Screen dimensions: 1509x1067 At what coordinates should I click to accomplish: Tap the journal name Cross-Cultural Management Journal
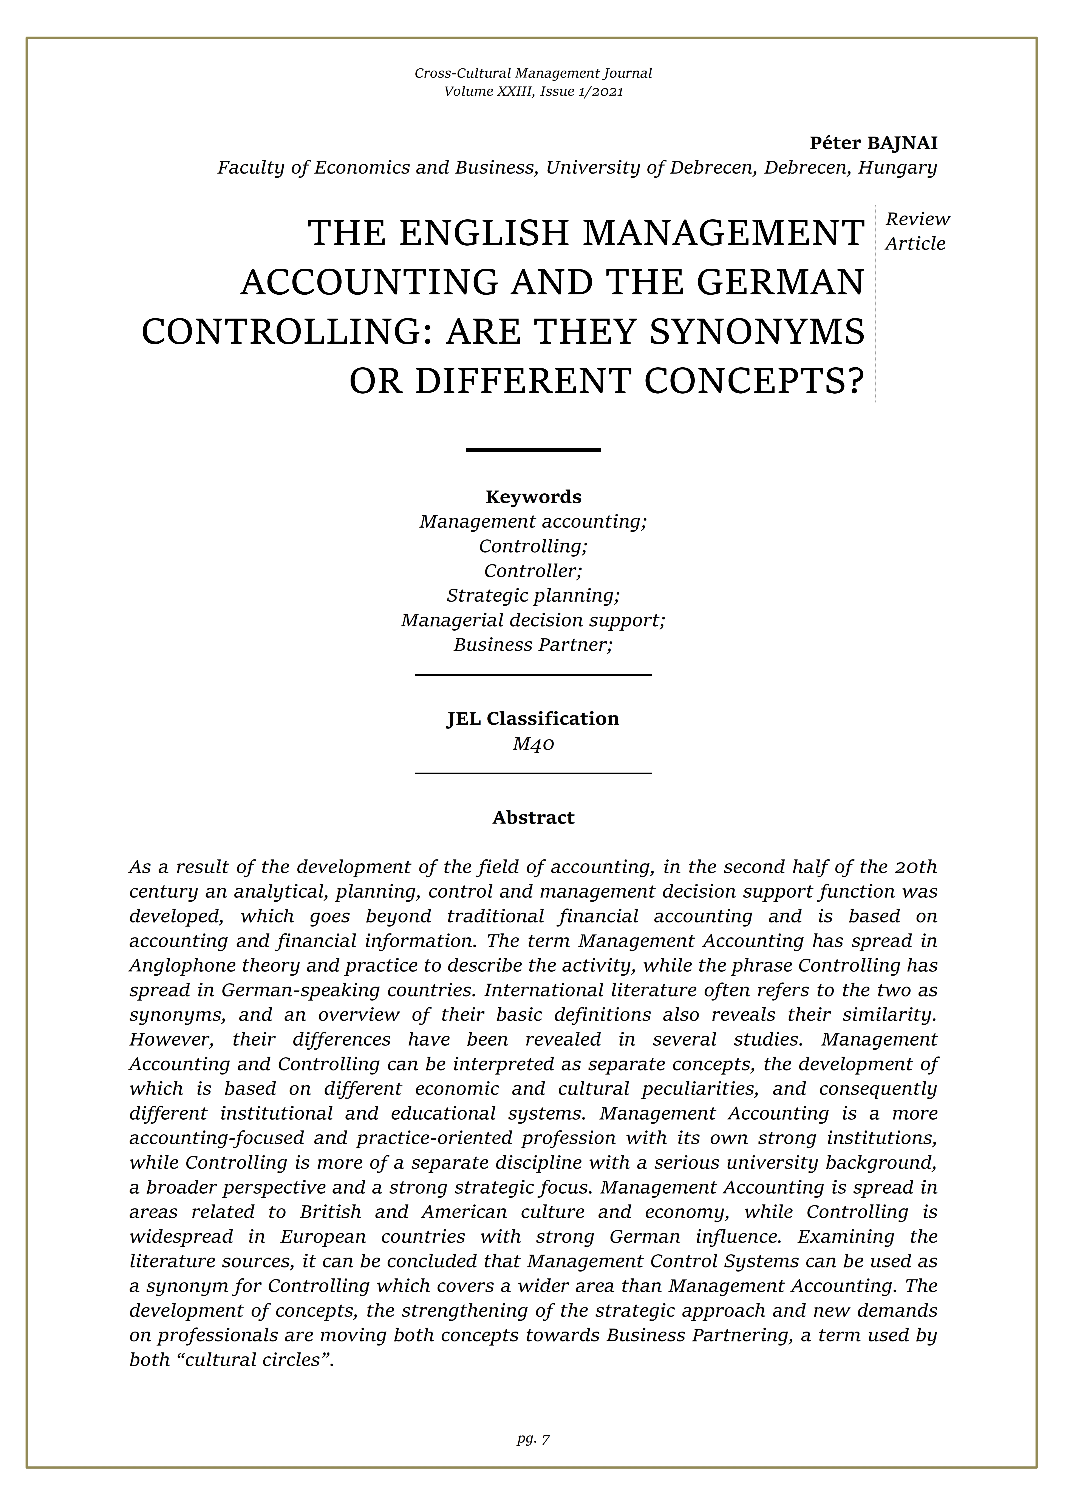click(x=533, y=73)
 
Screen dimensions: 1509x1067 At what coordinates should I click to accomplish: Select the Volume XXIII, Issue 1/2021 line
click(x=533, y=91)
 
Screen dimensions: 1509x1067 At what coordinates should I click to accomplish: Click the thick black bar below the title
click(x=533, y=450)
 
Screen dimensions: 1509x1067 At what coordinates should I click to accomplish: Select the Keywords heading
click(x=533, y=497)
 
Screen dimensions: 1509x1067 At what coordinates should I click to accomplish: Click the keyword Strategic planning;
click(x=533, y=596)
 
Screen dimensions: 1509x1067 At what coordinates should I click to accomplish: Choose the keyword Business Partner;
click(x=533, y=645)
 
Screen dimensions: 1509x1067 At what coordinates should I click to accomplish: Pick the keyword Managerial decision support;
click(x=533, y=620)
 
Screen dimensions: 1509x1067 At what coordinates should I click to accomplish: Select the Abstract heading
click(x=533, y=818)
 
